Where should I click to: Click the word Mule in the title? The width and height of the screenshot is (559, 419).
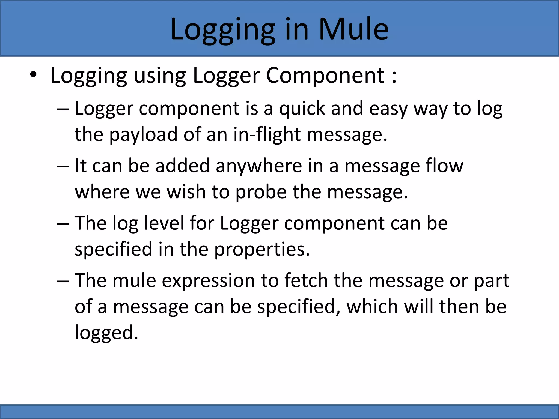pos(353,29)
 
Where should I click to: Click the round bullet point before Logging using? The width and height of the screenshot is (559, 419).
pos(33,75)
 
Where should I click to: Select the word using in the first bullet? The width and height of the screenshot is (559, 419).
pos(160,76)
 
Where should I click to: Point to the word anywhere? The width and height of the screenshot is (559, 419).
pos(259,166)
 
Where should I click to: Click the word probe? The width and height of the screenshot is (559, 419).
pos(261,192)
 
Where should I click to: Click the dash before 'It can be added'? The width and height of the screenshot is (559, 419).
pos(63,166)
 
